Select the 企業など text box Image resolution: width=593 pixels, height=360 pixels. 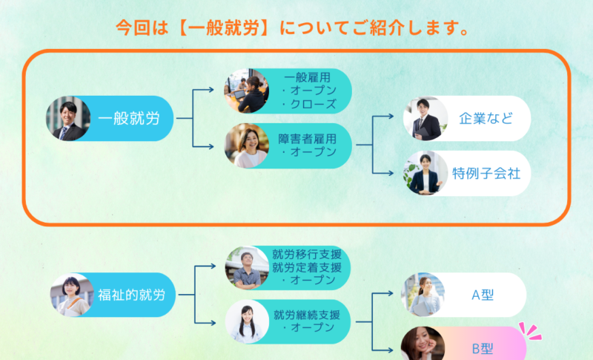[486, 118]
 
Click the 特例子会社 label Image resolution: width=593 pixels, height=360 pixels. [486, 174]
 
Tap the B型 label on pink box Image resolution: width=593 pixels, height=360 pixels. [483, 347]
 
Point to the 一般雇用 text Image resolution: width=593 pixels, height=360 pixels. [307, 76]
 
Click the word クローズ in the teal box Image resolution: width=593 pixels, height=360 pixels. [311, 104]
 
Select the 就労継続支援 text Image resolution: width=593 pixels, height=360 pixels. [307, 314]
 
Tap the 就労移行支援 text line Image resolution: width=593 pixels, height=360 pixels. [307, 255]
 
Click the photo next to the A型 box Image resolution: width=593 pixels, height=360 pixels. [424, 295]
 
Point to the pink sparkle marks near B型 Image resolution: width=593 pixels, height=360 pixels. [530, 330]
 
